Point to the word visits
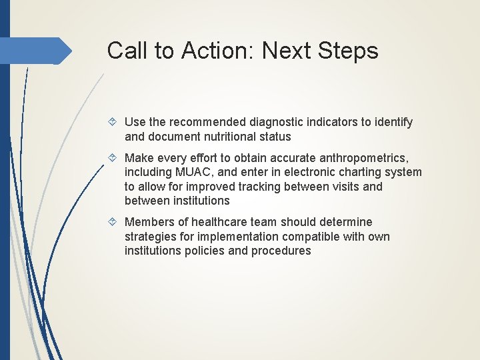coord(344,186)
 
